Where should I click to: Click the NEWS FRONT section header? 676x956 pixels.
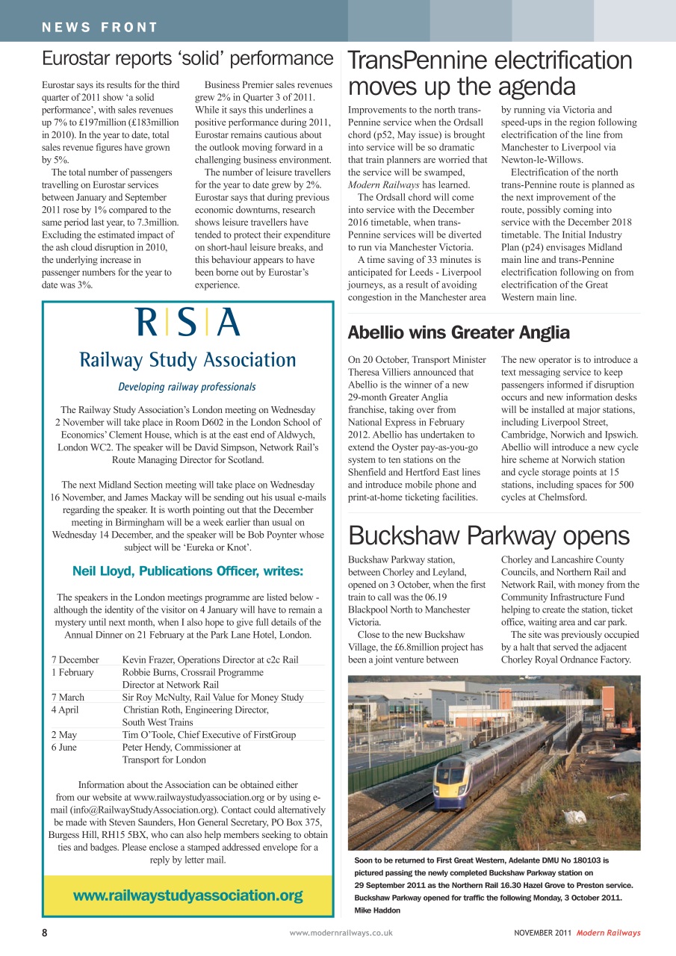(100, 28)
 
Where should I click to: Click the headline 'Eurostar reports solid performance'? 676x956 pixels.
(187, 58)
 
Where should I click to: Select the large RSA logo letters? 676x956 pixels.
(187, 323)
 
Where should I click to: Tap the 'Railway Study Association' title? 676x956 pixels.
(187, 360)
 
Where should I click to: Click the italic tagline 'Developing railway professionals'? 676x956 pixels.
(187, 387)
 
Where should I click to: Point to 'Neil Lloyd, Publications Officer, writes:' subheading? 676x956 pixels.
(187, 571)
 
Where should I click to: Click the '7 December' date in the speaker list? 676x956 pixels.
(75, 659)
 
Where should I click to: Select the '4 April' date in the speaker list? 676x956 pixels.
(65, 710)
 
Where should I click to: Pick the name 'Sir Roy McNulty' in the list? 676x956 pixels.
(155, 697)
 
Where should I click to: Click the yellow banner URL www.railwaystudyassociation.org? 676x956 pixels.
(187, 896)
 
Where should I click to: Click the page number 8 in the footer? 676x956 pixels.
(45, 933)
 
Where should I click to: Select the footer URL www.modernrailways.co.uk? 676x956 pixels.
(341, 933)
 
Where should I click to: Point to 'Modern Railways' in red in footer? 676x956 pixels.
(608, 933)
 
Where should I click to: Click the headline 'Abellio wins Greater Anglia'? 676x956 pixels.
(459, 332)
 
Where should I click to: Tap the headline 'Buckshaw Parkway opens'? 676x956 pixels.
(489, 536)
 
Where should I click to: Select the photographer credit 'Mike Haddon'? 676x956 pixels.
(377, 910)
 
